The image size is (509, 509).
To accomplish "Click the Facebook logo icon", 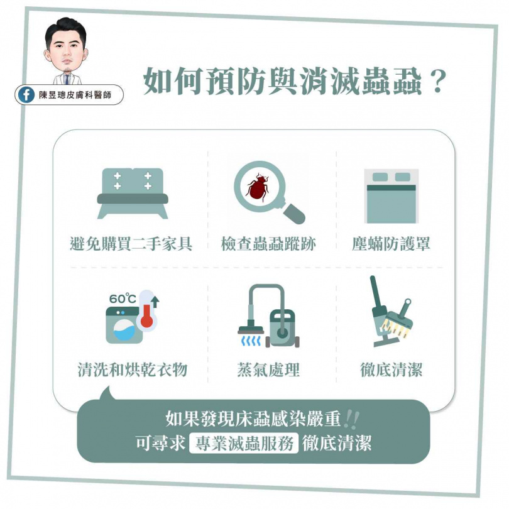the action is pyautogui.click(x=26, y=94).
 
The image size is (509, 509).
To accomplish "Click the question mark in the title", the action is pyautogui.click(x=437, y=82).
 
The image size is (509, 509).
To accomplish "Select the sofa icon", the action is pyautogui.click(x=133, y=194).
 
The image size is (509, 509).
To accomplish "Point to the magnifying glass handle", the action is pyautogui.click(x=294, y=213).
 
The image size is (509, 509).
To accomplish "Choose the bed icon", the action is pyautogui.click(x=391, y=196).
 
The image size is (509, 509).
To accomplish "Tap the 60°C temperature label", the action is pyautogui.click(x=123, y=298).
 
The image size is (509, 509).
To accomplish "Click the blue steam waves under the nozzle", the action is pyautogui.click(x=251, y=341).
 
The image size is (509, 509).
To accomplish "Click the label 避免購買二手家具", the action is pyautogui.click(x=131, y=243).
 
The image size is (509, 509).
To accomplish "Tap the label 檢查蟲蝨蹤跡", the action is pyautogui.click(x=268, y=244).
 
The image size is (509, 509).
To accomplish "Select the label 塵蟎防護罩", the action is pyautogui.click(x=391, y=243).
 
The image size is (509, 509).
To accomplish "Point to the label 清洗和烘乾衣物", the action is pyautogui.click(x=133, y=369).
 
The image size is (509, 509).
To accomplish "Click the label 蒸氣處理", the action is pyautogui.click(x=268, y=369).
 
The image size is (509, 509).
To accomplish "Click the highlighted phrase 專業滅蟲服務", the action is pyautogui.click(x=244, y=443).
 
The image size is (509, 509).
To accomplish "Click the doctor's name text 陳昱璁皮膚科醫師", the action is pyautogui.click(x=75, y=95).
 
